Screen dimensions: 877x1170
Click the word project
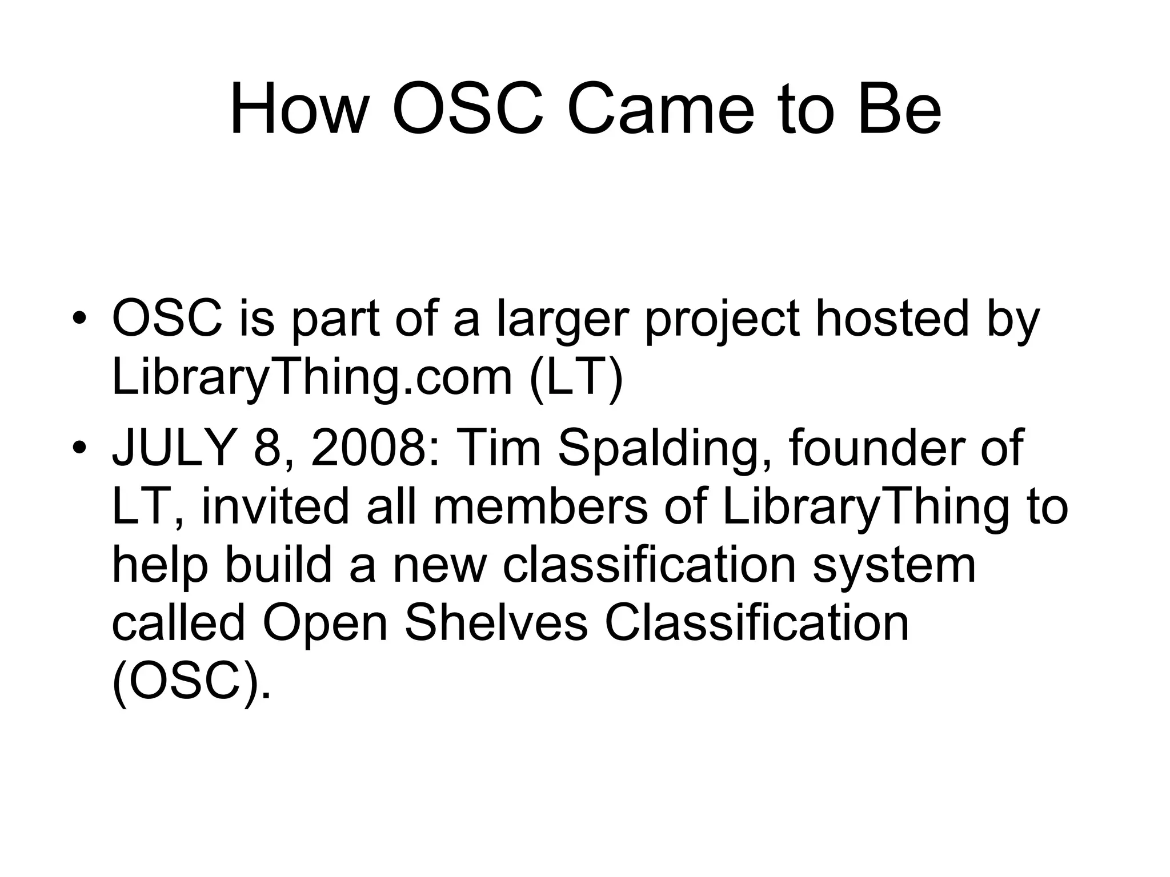(722, 320)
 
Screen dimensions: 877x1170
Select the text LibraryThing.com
(312, 378)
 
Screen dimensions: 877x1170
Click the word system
(894, 566)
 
